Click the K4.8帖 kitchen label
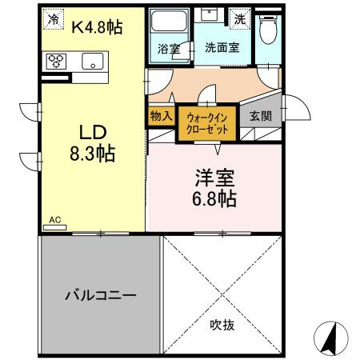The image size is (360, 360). coord(96,26)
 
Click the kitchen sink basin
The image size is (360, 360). coord(90,60)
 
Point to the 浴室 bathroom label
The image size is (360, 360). coord(169,49)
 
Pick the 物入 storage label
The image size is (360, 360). coord(161,115)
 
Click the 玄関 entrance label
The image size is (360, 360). coord(259,115)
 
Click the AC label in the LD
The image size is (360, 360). coord(55,219)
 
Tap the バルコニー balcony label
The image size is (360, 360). coord(101,294)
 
